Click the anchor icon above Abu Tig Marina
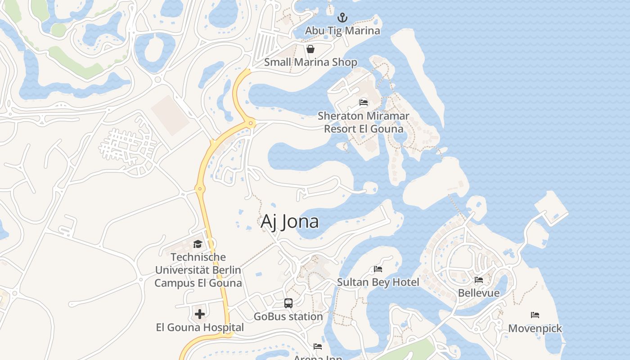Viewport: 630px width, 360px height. click(x=343, y=18)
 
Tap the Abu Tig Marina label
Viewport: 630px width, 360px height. click(x=342, y=31)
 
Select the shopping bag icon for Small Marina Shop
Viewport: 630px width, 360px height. click(x=310, y=49)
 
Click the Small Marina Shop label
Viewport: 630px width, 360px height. click(x=310, y=62)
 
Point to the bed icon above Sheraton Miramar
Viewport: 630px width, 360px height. click(x=364, y=103)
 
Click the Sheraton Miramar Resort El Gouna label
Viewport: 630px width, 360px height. click(x=364, y=122)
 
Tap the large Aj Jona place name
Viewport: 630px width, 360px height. click(x=290, y=221)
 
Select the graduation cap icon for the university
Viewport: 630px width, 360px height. click(x=198, y=244)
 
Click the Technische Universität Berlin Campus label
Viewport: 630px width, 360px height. click(x=198, y=270)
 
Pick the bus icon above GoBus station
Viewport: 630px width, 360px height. click(x=288, y=303)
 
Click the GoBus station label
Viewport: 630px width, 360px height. click(x=288, y=316)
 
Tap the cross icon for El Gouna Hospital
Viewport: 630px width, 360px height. click(x=200, y=314)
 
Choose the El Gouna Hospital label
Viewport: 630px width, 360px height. click(x=200, y=327)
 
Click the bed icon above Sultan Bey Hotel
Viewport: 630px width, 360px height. click(x=378, y=270)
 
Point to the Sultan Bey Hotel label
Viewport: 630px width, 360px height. click(x=378, y=282)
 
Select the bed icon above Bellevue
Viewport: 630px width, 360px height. click(x=479, y=280)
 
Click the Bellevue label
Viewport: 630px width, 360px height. click(x=479, y=293)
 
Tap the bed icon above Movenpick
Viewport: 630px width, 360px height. click(x=535, y=315)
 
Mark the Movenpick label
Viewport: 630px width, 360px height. click(x=535, y=328)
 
